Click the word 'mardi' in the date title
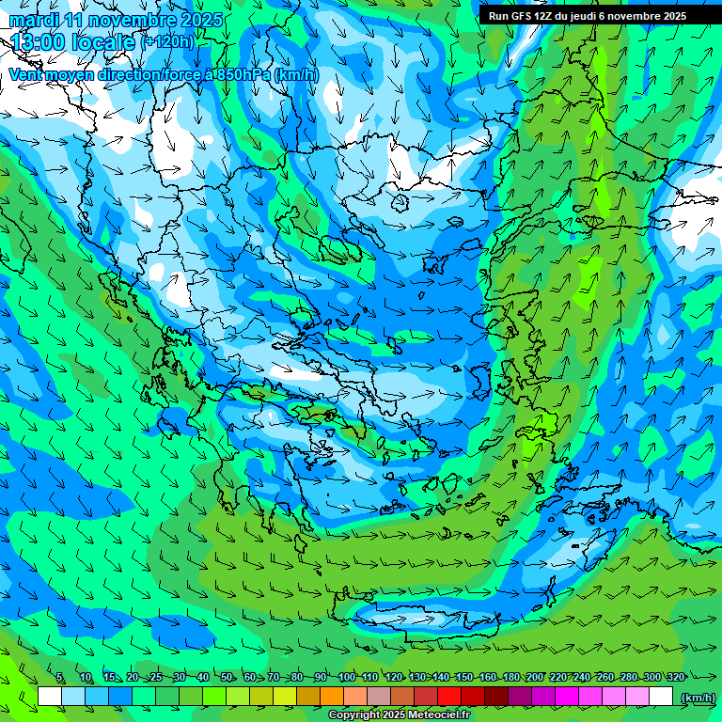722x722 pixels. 31,20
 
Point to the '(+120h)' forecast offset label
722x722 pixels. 168,41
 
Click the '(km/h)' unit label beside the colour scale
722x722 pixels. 697,698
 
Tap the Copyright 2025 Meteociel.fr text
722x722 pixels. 399,715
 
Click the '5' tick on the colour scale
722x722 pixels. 60,678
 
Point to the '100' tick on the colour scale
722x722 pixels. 346,678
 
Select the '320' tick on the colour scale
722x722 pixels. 675,678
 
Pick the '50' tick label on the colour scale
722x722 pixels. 227,678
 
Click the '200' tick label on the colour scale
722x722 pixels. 534,678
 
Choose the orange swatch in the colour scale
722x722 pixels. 332,697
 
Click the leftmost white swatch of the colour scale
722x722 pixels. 50,697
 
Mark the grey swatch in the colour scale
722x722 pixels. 379,697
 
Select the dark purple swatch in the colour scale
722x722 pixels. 520,697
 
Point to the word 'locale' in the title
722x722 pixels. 105,41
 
